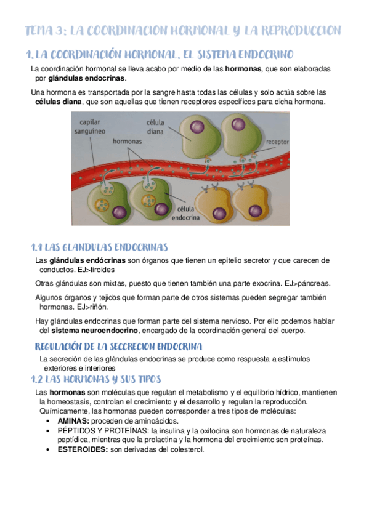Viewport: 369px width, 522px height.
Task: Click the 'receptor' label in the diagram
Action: [x=277, y=141]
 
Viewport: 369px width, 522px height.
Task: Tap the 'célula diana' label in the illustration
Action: [x=154, y=126]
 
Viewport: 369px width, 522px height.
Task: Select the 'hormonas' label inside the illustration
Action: [x=128, y=141]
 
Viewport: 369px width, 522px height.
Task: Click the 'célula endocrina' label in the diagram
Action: [x=184, y=213]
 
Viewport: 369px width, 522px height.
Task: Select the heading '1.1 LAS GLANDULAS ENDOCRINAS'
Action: [x=99, y=247]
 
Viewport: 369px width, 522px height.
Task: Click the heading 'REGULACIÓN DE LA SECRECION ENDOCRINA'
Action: [x=118, y=347]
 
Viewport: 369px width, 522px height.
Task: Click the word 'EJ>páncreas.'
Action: [x=308, y=283]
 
